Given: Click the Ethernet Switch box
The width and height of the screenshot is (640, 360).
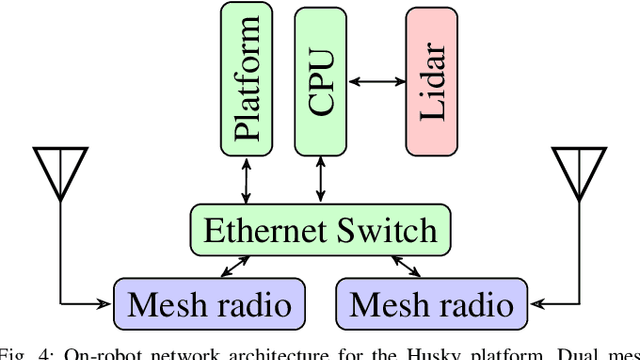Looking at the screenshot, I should [x=320, y=230].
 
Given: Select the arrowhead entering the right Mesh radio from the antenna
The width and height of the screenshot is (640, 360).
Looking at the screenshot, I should [x=535, y=301].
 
